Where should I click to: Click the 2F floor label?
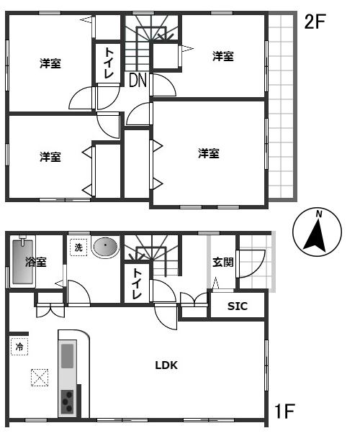315,22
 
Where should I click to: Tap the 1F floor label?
284,411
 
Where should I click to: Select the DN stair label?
138,80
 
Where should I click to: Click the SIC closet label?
238,306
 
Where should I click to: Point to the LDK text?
166,365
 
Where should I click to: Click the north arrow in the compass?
316,235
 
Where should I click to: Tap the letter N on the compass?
319,214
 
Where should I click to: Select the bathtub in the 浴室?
23,262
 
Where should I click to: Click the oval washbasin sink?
106,246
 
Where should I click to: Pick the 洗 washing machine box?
78,247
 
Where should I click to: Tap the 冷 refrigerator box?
19,347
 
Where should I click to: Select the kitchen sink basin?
68,356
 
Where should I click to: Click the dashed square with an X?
40,378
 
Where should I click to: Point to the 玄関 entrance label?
223,262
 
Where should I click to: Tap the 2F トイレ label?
109,63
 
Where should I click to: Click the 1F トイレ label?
137,284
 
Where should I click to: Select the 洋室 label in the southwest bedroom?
50,157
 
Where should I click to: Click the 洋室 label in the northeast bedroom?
223,56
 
